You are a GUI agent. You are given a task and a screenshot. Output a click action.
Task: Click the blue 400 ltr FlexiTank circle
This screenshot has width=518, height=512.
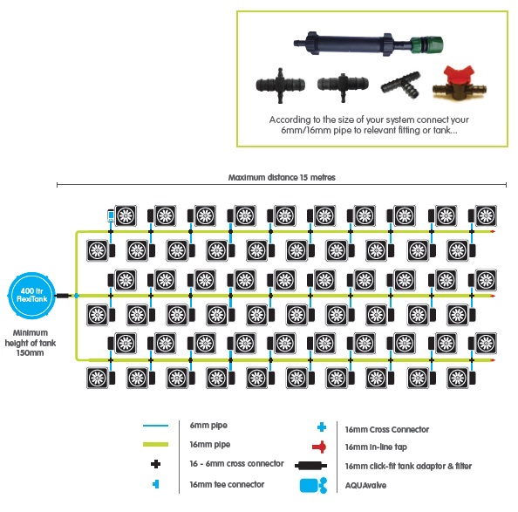(x=31, y=296)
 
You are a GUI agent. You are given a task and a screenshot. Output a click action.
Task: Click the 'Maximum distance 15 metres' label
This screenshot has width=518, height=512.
(x=282, y=177)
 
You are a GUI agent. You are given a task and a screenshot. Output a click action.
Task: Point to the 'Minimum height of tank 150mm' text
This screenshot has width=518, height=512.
(x=30, y=343)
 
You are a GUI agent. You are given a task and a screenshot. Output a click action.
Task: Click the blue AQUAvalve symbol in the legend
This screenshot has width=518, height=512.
(x=313, y=485)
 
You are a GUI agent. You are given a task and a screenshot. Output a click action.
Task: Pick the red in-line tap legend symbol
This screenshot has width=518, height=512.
(x=319, y=447)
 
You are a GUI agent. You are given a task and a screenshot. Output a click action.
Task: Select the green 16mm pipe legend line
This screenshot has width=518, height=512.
(x=155, y=444)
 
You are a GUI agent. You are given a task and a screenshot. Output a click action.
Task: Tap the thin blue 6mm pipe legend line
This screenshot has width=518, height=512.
(x=155, y=426)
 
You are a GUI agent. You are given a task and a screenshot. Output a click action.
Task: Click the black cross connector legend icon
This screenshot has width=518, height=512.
(x=155, y=464)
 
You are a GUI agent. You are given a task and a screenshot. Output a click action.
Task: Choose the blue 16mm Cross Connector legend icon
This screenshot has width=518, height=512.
(x=322, y=427)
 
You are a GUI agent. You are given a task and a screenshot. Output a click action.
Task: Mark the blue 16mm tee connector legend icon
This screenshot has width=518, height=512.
(x=155, y=484)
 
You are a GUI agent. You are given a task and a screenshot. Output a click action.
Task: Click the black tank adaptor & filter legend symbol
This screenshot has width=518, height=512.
(x=310, y=466)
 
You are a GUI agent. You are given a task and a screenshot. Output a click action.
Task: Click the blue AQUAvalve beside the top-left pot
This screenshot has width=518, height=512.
(x=111, y=215)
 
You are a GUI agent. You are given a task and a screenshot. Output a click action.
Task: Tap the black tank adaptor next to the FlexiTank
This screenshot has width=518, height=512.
(x=64, y=296)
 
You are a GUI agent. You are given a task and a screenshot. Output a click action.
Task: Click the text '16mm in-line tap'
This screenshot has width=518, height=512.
(x=376, y=447)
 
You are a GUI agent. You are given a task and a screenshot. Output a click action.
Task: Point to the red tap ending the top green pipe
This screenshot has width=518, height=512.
(x=493, y=231)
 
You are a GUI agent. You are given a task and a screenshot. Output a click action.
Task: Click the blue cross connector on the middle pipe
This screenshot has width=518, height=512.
(x=77, y=296)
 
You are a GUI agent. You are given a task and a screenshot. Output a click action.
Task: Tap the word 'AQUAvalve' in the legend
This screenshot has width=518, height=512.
(x=365, y=485)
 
